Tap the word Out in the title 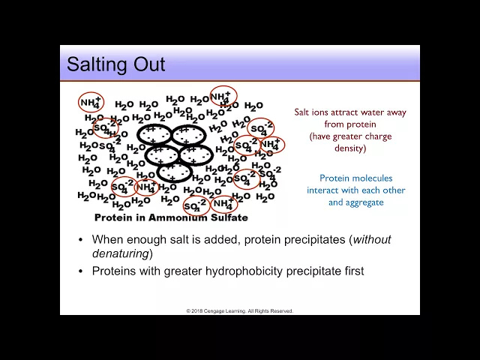pos(149,64)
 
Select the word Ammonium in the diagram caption pos(178,217)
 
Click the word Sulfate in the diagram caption pos(229,217)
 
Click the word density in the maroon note pos(350,148)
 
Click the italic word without pos(372,239)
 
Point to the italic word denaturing pos(120,254)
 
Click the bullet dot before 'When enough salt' pos(81,240)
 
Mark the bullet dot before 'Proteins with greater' pos(81,271)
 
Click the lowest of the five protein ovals pos(175,172)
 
